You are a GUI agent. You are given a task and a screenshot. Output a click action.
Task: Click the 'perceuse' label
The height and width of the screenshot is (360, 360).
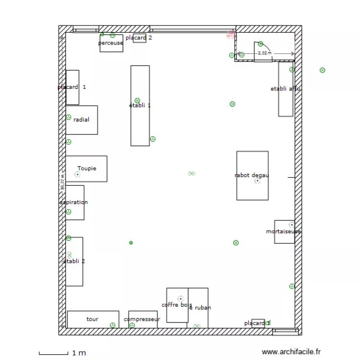click(110, 43)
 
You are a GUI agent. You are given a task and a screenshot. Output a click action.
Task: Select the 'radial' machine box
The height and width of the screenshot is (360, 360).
click(82, 120)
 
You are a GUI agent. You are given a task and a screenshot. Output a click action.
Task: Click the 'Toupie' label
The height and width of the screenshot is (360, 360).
click(87, 168)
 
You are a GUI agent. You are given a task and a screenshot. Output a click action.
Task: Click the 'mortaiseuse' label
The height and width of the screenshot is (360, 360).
click(283, 231)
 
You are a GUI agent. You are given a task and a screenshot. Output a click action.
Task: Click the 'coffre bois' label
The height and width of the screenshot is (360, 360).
click(177, 305)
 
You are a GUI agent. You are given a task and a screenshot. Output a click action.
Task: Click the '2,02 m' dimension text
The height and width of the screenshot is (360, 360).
click(264, 53)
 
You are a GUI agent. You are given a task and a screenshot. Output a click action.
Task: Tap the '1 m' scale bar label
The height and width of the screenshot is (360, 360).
click(79, 353)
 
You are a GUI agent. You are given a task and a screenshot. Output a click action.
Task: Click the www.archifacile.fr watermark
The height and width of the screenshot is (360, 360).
click(291, 352)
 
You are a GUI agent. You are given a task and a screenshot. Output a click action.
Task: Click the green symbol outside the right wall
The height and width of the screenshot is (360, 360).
click(323, 70)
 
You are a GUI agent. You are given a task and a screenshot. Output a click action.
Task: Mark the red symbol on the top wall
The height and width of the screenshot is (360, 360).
click(230, 34)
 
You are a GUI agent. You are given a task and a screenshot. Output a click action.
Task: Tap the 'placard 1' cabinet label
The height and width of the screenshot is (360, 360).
click(72, 87)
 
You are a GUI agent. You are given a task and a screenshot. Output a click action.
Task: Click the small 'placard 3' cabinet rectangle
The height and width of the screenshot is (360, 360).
click(258, 324)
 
